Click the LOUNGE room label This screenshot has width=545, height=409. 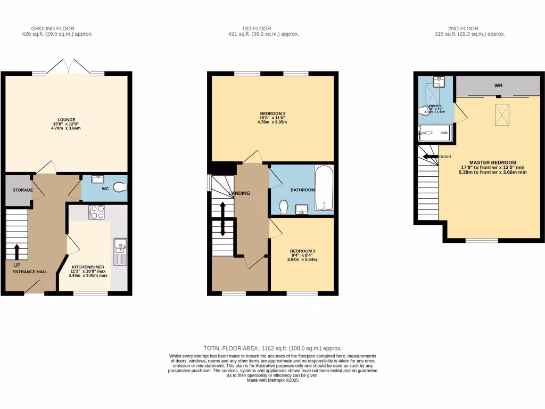67,119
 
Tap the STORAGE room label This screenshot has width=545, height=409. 23,190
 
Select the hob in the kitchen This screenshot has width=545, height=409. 96,212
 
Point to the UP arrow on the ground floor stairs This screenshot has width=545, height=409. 16,251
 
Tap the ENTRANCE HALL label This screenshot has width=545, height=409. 30,272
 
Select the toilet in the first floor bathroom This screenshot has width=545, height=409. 283,206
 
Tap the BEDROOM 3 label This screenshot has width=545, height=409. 303,251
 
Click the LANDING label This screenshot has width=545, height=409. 240,193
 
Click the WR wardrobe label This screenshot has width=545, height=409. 499,85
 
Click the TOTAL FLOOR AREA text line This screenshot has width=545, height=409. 272,348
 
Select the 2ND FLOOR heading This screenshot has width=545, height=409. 463,29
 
